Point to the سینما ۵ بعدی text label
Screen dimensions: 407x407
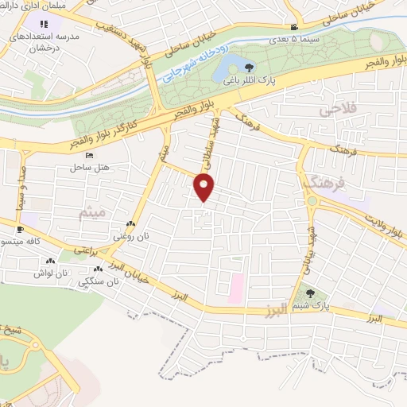coord(293,37)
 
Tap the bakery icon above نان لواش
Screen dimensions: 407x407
coord(51,260)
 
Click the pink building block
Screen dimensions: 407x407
coord(235,288)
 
